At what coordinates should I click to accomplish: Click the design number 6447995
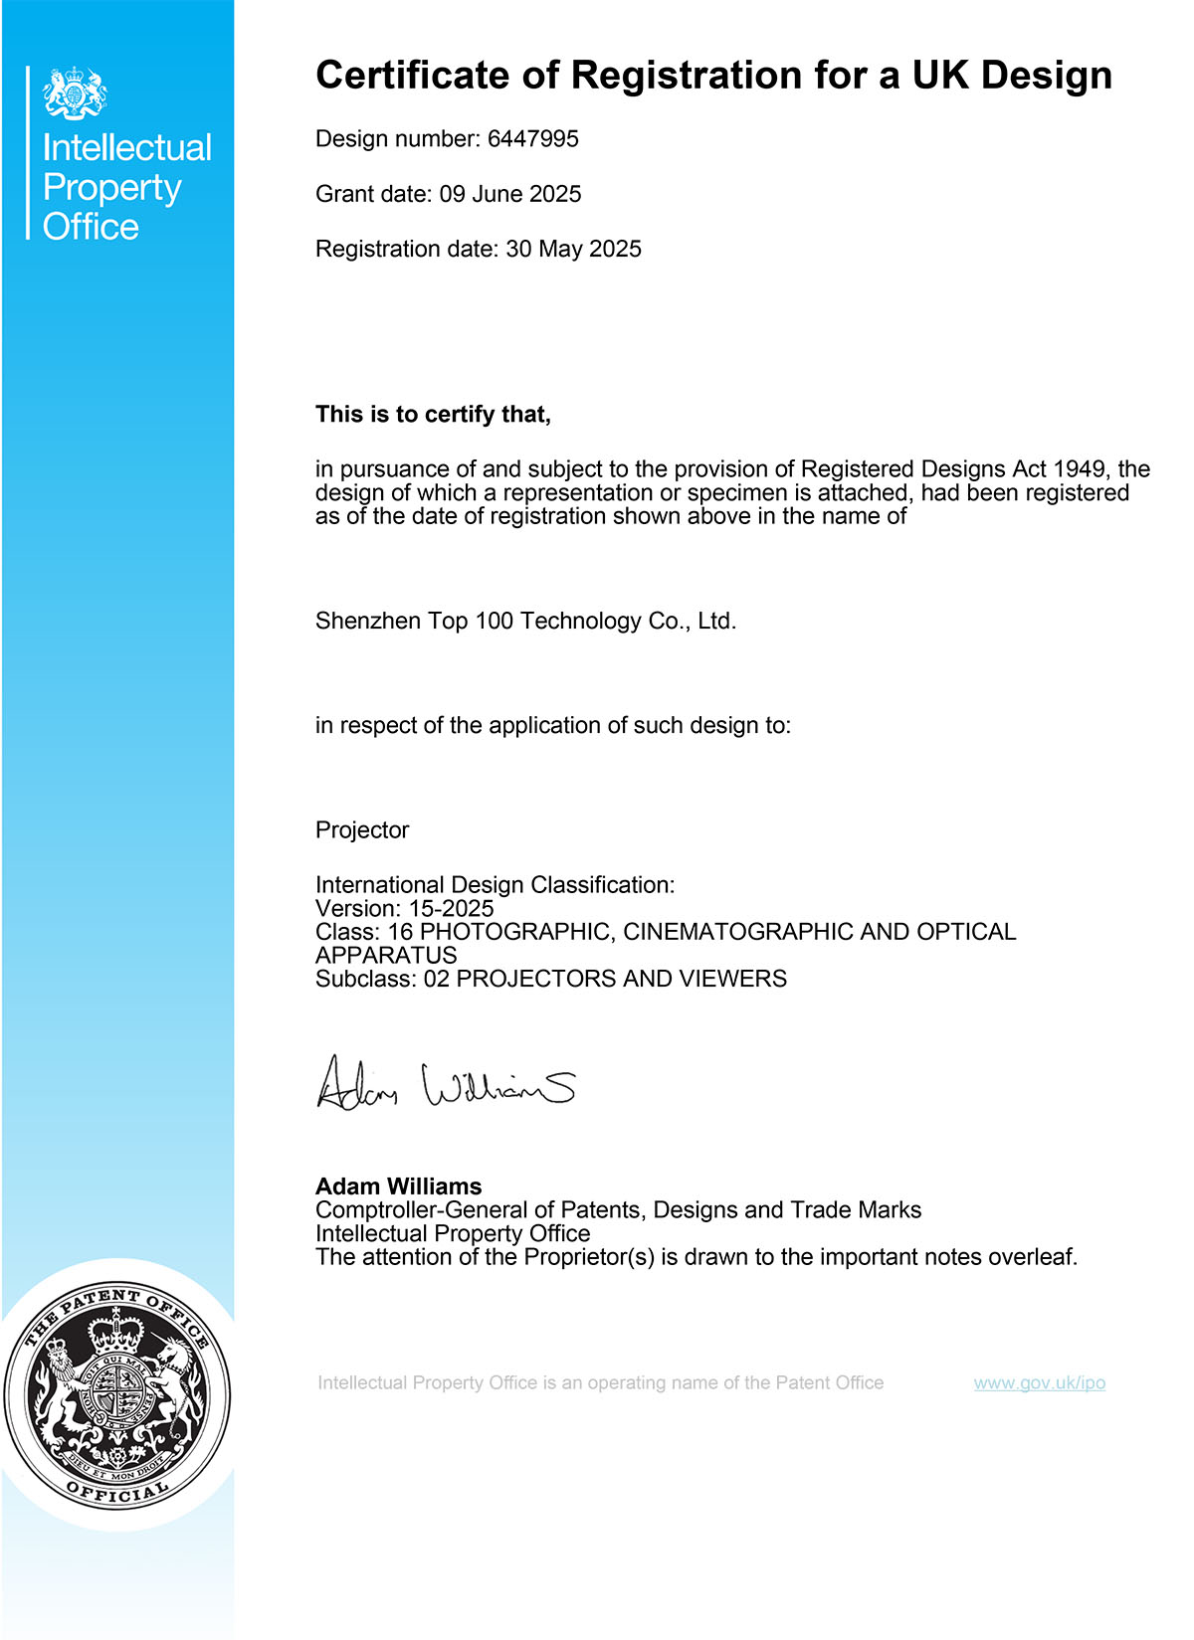click(x=532, y=139)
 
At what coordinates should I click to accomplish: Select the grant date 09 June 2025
click(x=510, y=194)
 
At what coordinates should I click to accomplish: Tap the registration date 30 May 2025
click(x=573, y=249)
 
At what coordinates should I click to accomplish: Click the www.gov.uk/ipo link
click(x=1039, y=1382)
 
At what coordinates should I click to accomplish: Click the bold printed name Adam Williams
click(x=398, y=1186)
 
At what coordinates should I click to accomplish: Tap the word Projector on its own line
click(x=362, y=830)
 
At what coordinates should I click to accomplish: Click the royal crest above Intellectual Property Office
click(x=75, y=94)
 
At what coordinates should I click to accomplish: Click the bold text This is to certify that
click(x=433, y=415)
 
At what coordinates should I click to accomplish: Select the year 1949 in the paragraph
click(x=1079, y=469)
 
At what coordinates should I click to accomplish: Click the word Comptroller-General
click(x=421, y=1210)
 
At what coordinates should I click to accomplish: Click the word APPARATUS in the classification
click(x=386, y=955)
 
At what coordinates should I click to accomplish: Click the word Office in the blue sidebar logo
click(x=91, y=227)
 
